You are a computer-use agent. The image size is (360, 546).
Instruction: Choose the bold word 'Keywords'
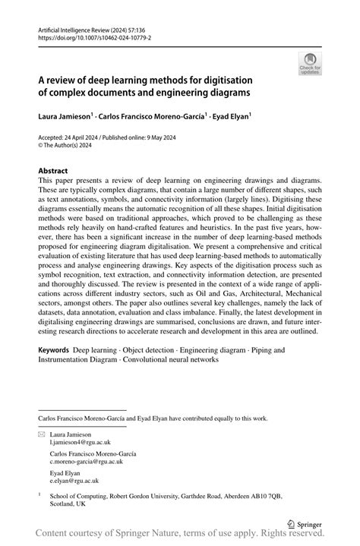point(54,351)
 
